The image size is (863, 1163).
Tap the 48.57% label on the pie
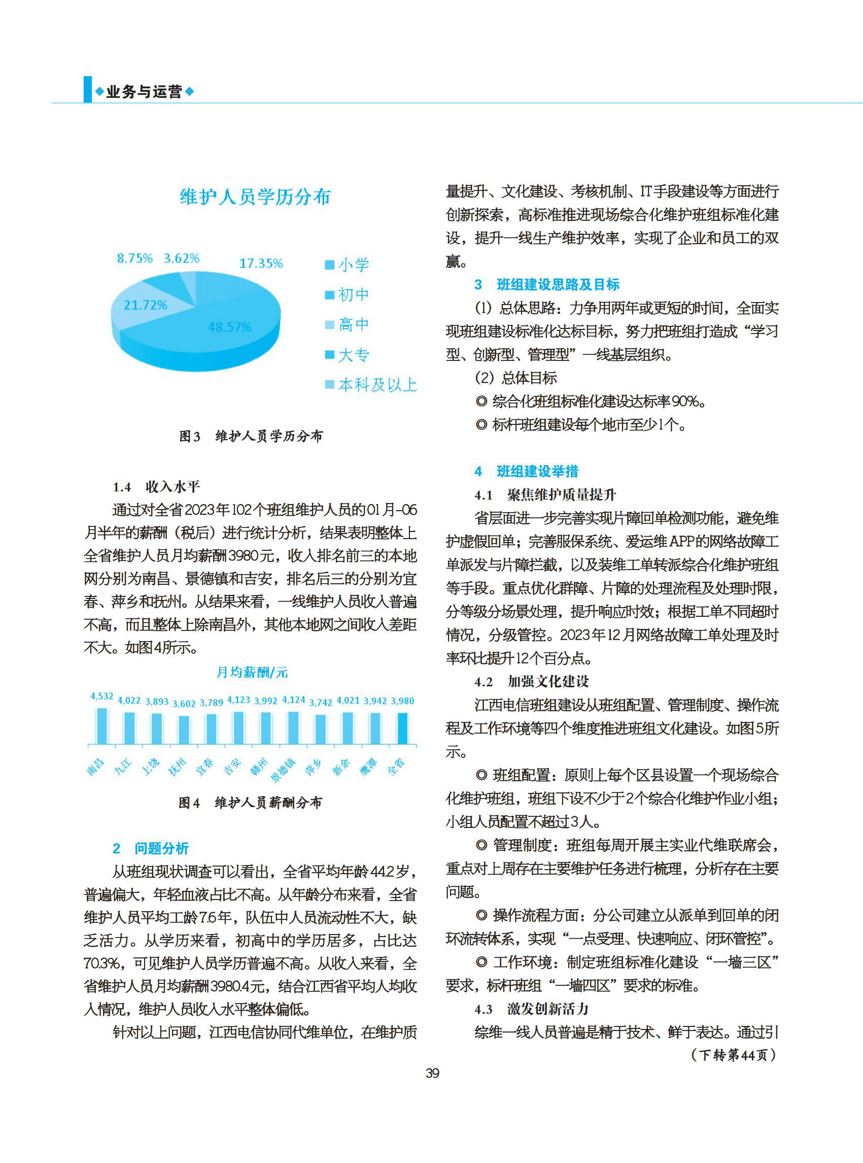229,327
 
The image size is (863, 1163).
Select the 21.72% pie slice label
145,305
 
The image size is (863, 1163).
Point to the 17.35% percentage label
261,263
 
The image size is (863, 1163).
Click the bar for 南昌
102,726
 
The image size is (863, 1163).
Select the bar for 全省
402,728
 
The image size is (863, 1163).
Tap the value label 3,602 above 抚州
184,704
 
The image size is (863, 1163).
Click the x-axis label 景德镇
283,770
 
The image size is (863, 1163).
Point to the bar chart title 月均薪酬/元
252,672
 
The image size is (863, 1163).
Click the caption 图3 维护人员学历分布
251,436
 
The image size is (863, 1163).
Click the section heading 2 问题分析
151,848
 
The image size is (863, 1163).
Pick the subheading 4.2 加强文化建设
532,682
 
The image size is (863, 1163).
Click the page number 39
432,1073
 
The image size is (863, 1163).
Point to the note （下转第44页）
734,1055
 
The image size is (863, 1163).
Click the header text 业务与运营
144,92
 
